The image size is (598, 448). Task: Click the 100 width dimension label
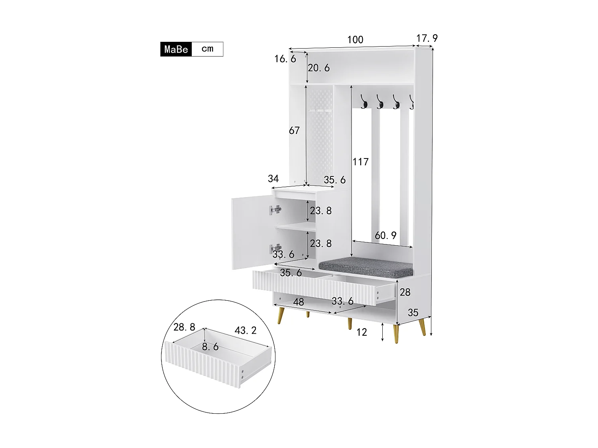[x=355, y=40]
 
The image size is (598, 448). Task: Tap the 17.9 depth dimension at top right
[x=427, y=38]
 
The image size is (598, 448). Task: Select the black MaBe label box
[x=176, y=49]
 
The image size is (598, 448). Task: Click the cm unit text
[x=207, y=49]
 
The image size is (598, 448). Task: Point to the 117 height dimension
[x=360, y=162]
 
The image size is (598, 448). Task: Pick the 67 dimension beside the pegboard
[x=294, y=131]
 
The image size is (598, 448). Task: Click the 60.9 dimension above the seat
[x=386, y=236]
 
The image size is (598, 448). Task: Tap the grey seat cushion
[x=366, y=267]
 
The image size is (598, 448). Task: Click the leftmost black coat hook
[x=364, y=102]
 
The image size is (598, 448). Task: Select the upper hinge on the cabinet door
[x=275, y=210]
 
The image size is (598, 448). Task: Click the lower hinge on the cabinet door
[x=275, y=248]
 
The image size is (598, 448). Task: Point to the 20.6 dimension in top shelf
[x=319, y=68]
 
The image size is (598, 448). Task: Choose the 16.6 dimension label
[x=285, y=59]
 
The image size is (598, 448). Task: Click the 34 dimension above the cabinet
[x=273, y=179]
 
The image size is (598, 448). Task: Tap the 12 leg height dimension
[x=362, y=333]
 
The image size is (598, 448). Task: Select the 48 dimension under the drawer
[x=298, y=302]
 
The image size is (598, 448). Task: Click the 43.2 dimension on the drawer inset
[x=246, y=331]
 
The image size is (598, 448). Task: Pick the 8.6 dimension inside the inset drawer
[x=210, y=347]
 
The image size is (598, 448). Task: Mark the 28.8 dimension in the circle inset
[x=184, y=327]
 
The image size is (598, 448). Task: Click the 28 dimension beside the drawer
[x=405, y=293]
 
